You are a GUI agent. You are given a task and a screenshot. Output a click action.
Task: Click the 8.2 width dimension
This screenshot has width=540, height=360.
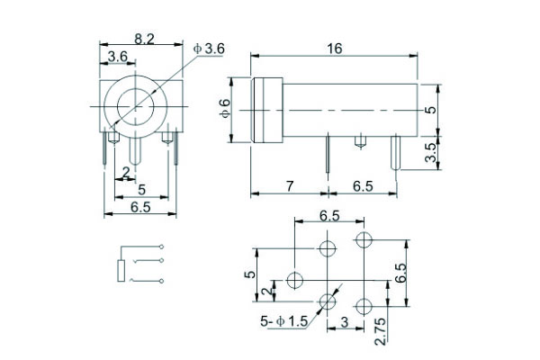pos(144,39)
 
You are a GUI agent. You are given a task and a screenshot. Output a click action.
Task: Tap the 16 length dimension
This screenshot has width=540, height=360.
pos(335,49)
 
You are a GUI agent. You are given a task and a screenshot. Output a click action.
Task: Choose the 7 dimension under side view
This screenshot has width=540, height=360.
pos(289,185)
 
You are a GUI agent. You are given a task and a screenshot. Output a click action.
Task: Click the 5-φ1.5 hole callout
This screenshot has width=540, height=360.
pos(283,321)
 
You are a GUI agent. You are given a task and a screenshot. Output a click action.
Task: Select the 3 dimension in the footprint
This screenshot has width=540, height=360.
pos(344,321)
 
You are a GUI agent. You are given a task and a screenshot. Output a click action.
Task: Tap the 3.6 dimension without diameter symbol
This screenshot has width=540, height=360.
pos(117,57)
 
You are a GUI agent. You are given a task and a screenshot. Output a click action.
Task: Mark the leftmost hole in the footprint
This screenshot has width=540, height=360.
pos(294,280)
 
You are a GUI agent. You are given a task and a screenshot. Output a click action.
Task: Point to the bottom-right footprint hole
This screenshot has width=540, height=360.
pos(364,302)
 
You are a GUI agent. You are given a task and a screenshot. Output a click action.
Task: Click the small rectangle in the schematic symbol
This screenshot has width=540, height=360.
pos(122,271)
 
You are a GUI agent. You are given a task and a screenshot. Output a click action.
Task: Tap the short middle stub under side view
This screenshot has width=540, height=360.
pos(361,142)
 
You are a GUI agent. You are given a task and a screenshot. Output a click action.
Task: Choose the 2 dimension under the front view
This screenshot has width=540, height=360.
pos(125,171)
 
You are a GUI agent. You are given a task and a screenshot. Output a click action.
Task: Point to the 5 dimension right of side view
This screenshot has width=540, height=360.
pos(431,110)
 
